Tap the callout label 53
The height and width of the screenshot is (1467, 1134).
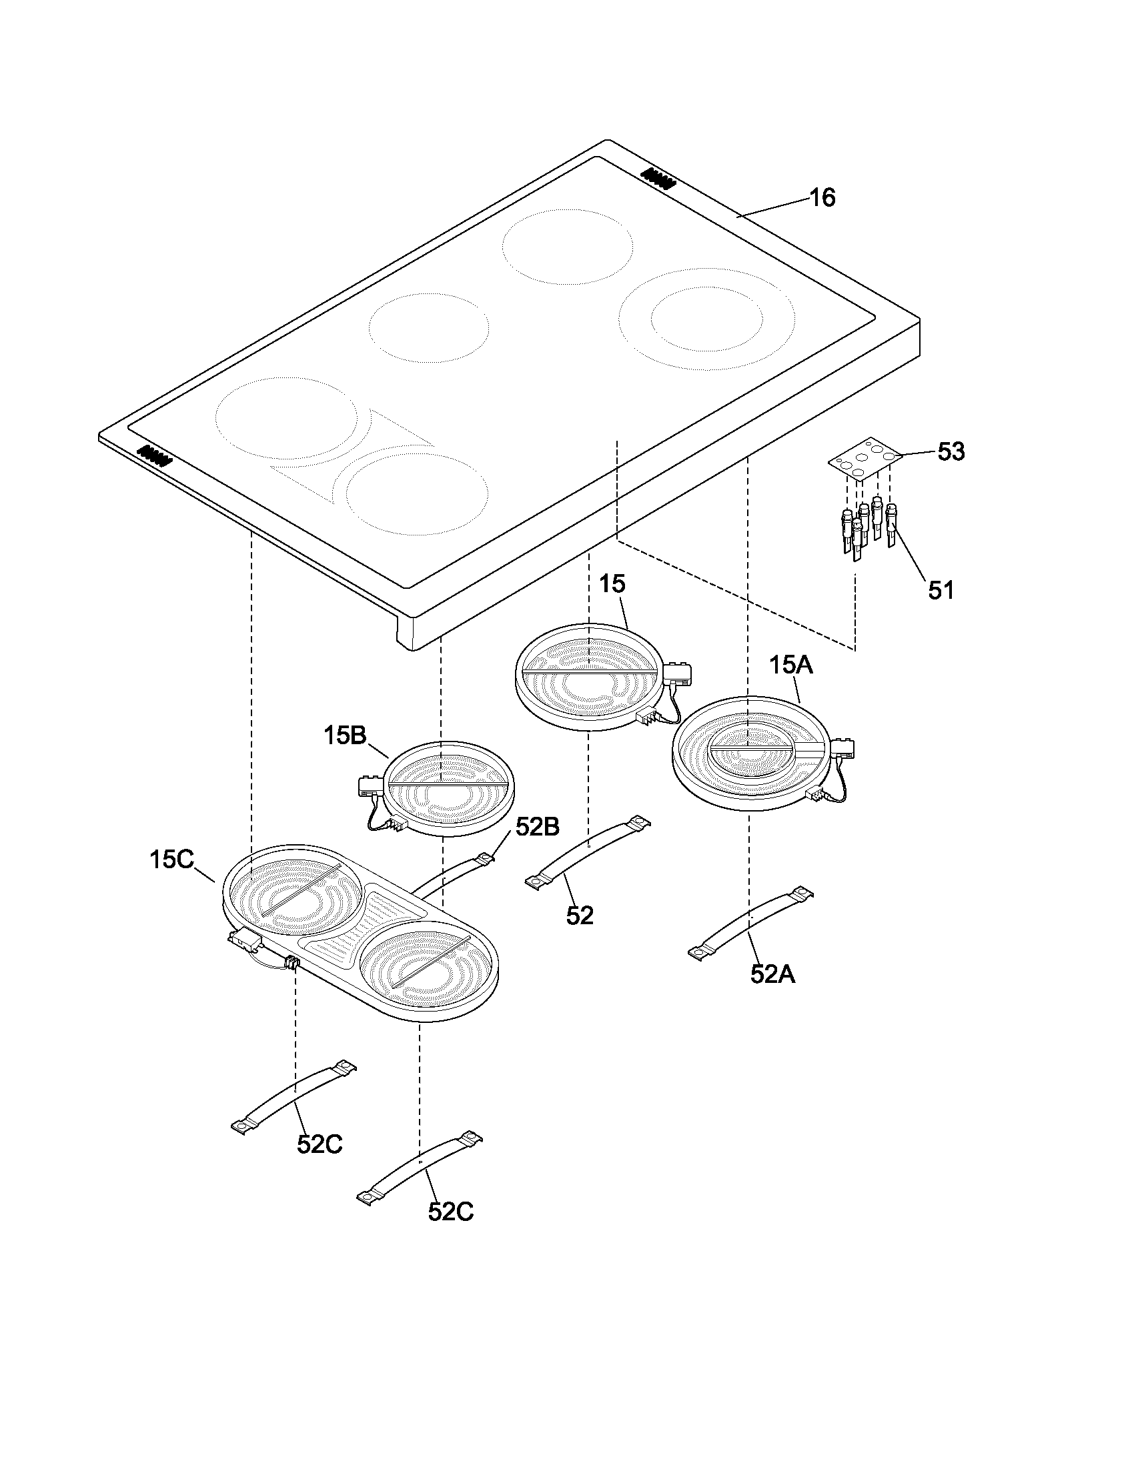[951, 451]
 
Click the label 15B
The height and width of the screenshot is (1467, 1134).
[345, 735]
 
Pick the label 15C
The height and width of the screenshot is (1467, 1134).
[171, 859]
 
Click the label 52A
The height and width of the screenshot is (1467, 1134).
[772, 975]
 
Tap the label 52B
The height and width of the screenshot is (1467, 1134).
[538, 827]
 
